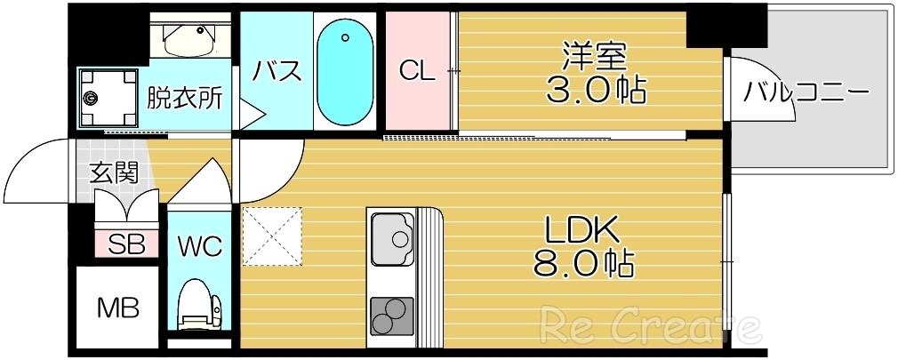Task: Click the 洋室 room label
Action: click(x=595, y=56)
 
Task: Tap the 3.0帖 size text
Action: click(x=595, y=89)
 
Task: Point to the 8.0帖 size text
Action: click(x=582, y=263)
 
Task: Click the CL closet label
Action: click(x=417, y=71)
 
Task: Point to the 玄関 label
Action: click(x=114, y=172)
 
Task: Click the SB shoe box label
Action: click(x=126, y=244)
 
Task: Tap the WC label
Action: click(x=199, y=244)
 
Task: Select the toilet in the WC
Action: click(x=197, y=306)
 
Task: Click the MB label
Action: click(x=117, y=308)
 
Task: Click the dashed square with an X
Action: click(x=272, y=236)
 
